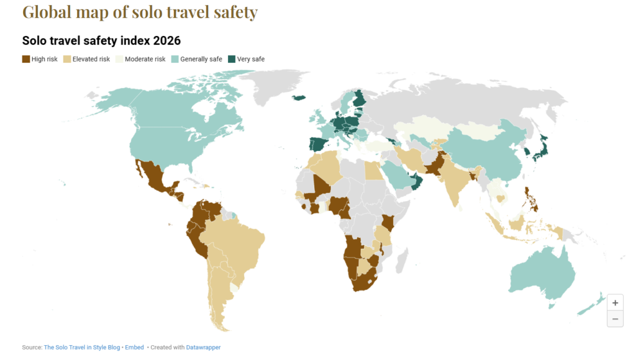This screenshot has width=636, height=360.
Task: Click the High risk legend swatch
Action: point(26,59)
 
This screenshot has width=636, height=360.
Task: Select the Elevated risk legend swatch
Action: point(67,59)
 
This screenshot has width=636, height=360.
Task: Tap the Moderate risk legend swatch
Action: point(119,59)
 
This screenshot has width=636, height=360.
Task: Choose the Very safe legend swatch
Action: point(231,59)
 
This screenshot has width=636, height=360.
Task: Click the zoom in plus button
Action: point(615,303)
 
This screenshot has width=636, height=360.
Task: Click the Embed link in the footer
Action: point(134,348)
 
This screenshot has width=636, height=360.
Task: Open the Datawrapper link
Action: point(203,348)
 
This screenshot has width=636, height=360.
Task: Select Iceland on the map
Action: point(300,97)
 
